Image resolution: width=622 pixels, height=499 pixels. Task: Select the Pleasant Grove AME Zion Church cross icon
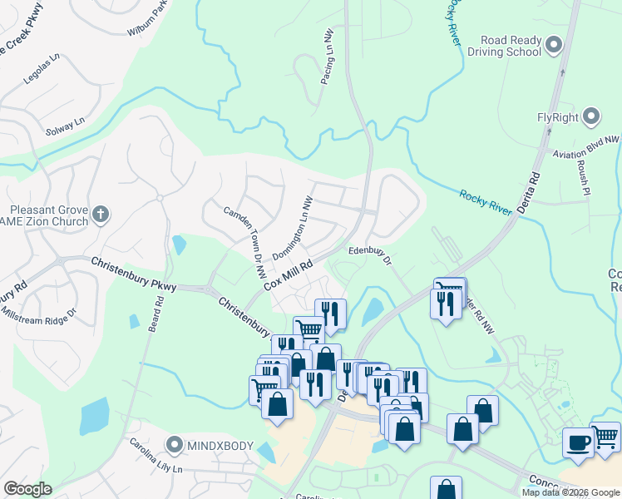coord(100,215)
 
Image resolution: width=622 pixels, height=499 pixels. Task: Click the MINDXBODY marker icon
coord(175,446)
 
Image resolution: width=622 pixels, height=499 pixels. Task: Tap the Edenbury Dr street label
coord(370,253)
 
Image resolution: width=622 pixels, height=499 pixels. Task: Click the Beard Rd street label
coord(154,315)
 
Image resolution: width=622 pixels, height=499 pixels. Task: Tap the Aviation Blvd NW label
coord(587,148)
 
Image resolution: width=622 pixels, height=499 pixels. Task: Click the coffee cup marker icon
coord(578,443)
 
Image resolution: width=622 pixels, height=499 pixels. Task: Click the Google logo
coord(27,489)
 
